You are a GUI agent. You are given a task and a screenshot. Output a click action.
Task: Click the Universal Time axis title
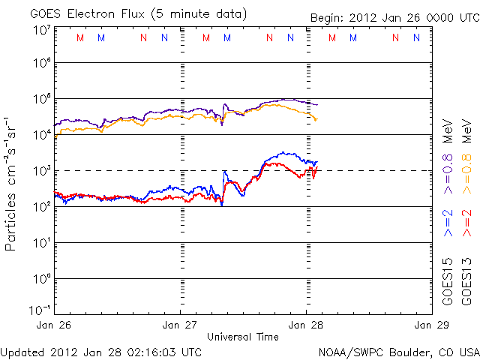(243, 337)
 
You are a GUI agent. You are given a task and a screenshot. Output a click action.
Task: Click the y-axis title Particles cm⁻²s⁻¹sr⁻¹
(12, 184)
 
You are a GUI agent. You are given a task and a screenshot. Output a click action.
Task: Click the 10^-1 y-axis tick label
(40, 310)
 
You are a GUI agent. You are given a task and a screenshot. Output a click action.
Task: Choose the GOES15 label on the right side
(448, 282)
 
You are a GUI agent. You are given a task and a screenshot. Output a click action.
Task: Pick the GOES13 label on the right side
(466, 282)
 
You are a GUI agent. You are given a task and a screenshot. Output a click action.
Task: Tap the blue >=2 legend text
(448, 224)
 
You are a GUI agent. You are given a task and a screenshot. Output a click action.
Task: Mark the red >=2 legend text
(466, 224)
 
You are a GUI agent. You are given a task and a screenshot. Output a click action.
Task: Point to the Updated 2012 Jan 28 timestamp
(101, 352)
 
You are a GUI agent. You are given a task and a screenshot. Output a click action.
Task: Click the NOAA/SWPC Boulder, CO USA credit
(398, 352)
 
